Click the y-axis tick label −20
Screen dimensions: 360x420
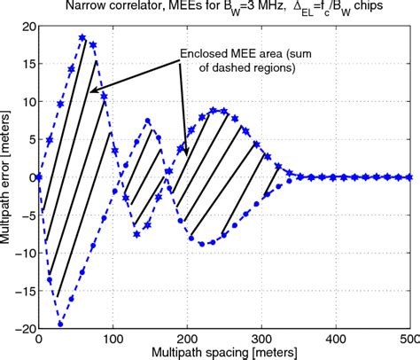coord(20,328)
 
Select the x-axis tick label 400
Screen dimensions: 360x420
coord(336,340)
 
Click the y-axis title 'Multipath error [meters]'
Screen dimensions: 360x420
coord(8,177)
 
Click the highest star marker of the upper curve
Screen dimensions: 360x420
coord(82,38)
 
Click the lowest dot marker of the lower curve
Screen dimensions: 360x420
coord(60,325)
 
